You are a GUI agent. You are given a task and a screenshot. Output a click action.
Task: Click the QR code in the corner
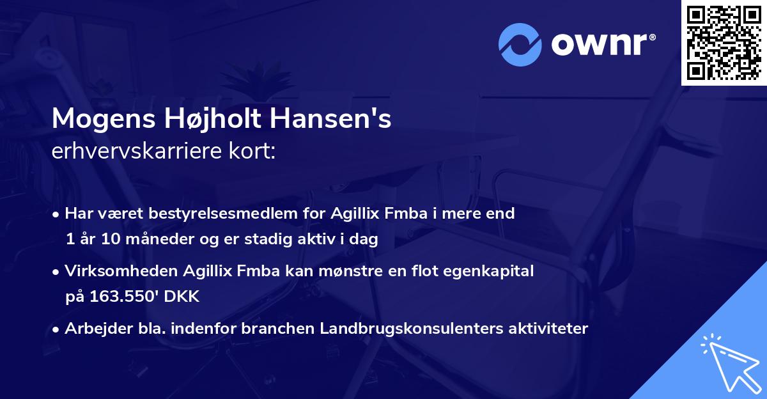pyautogui.click(x=724, y=43)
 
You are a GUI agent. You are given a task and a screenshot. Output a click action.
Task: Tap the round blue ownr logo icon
pyautogui.click(x=520, y=44)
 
